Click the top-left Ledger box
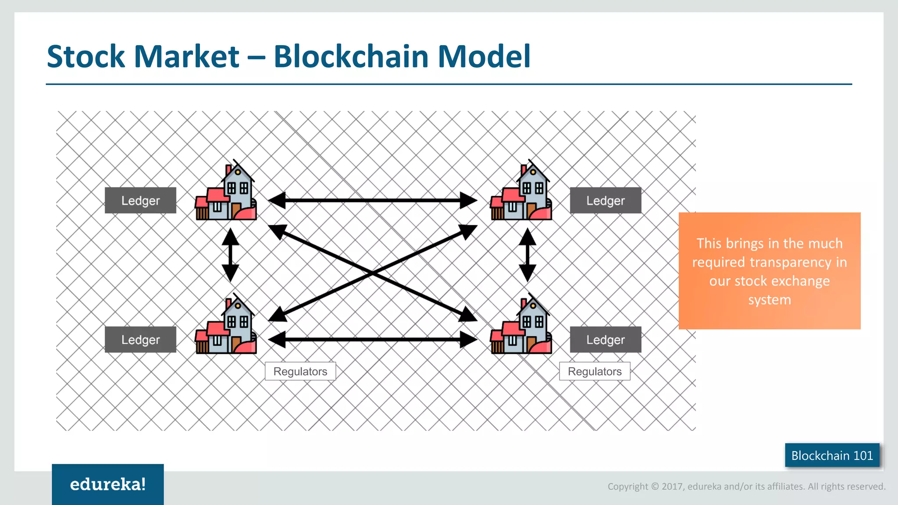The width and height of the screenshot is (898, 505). [x=140, y=200]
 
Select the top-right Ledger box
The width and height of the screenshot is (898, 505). [x=605, y=200]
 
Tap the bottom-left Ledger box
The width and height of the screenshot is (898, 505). [x=140, y=339]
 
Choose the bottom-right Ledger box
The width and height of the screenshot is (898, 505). [x=605, y=339]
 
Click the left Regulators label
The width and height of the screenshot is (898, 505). [x=300, y=371]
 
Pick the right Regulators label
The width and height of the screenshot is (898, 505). [x=595, y=371]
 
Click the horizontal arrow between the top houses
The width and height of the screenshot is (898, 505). [x=373, y=200]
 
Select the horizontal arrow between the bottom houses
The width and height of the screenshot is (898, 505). [x=373, y=339]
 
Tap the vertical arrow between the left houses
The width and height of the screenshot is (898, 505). [x=230, y=255]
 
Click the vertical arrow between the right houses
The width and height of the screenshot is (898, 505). [x=527, y=255]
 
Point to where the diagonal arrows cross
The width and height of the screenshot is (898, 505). [x=373, y=273]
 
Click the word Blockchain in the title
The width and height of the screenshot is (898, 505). [x=351, y=57]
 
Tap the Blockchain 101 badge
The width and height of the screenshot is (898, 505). [x=832, y=455]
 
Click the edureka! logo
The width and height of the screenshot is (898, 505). [x=108, y=484]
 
